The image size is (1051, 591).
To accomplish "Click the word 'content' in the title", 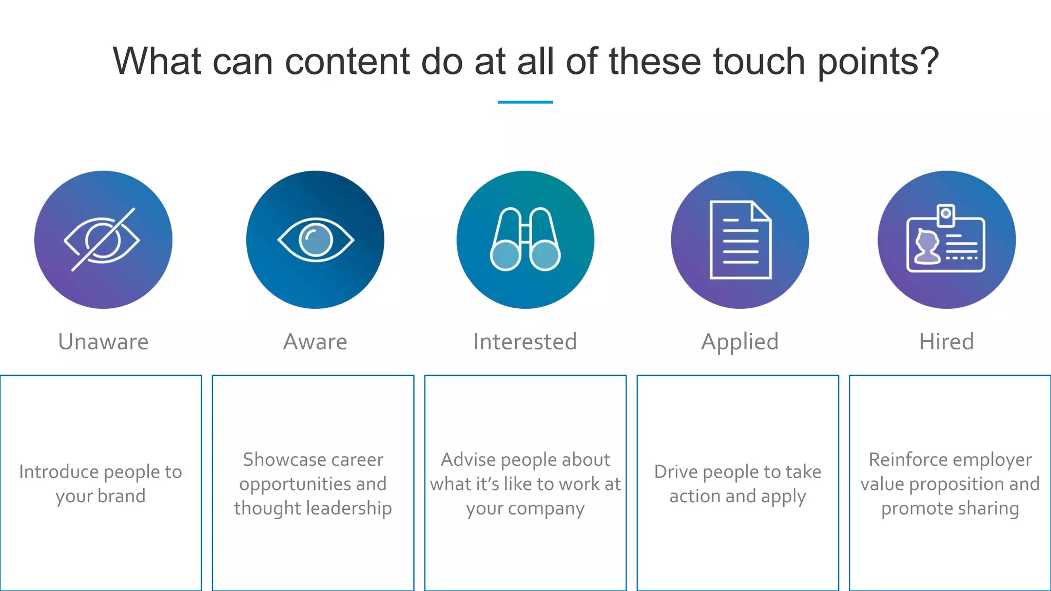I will point(347,62).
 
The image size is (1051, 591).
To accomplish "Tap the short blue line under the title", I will point(525,102).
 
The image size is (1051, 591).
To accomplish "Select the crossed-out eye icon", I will point(102,240).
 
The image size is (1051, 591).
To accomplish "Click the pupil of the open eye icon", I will point(315,240).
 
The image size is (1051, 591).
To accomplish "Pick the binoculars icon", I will point(525,240).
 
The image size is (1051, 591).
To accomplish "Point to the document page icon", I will point(740,240).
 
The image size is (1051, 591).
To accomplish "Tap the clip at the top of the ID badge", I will point(946,215).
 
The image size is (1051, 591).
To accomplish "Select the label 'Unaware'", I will point(103,342).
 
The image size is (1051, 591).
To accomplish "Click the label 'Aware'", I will point(315,342).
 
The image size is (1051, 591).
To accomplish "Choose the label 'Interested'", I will point(525,342).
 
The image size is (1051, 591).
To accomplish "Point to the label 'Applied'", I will point(739,342).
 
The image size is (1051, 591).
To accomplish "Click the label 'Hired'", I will point(946,342).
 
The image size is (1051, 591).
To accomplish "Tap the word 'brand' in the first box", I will point(122,496).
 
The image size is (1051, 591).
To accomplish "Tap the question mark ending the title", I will point(929,62).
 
